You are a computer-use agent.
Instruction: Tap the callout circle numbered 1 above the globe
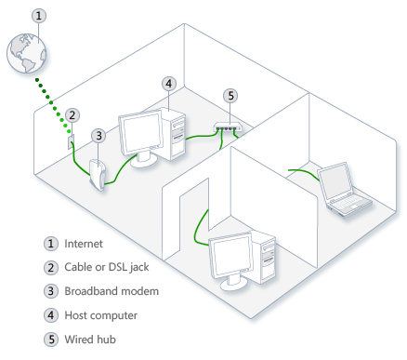tap(37, 16)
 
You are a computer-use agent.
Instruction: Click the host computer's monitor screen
tap(139, 136)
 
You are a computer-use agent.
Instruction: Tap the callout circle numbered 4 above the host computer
tap(168, 83)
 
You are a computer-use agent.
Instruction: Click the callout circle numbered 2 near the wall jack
tap(73, 115)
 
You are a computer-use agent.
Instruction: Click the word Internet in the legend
tap(85, 243)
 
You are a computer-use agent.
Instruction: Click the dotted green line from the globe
tap(54, 105)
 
